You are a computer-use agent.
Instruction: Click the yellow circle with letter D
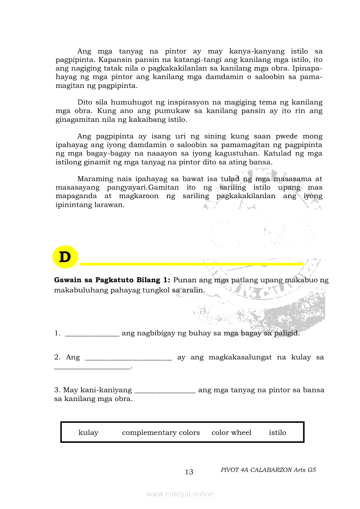[x=65, y=257]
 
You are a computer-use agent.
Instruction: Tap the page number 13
[x=189, y=472]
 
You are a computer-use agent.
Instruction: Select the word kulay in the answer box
[x=88, y=432]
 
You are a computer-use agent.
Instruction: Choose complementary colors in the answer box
[x=161, y=432]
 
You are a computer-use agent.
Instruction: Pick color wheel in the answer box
[x=231, y=432]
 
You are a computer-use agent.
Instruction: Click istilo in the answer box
[x=278, y=432]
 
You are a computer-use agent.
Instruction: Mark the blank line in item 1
[x=92, y=334]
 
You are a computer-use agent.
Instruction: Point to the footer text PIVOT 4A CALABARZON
[x=268, y=470]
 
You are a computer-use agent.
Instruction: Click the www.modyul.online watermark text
[x=180, y=494]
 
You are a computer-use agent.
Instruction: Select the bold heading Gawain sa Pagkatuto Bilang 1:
[x=112, y=280]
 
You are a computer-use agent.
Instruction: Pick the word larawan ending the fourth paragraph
[x=110, y=204]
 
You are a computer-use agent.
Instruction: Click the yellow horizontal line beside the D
[x=192, y=264]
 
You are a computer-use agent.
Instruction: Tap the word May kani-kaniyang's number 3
[x=57, y=390]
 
